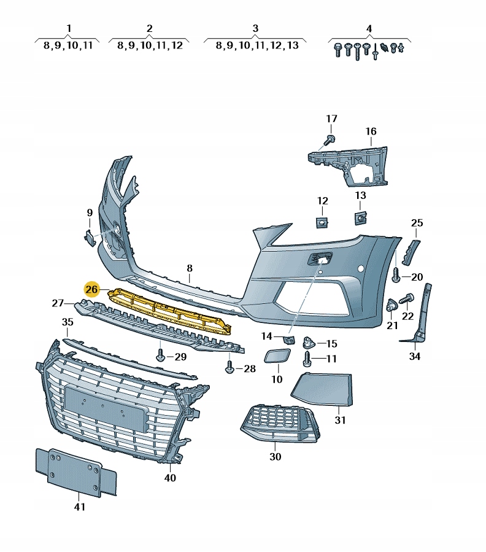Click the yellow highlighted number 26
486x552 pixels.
(92, 289)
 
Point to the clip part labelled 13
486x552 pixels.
(360, 216)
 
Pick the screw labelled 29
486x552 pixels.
(161, 355)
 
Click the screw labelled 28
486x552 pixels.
(230, 368)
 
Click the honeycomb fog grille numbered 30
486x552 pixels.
(278, 424)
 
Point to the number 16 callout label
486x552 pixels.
(371, 131)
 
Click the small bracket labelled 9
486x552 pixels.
(89, 237)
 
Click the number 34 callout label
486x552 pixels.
(415, 356)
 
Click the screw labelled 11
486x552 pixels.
(307, 359)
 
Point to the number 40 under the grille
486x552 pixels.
(170, 477)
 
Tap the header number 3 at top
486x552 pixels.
(255, 28)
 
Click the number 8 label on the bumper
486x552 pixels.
(190, 268)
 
